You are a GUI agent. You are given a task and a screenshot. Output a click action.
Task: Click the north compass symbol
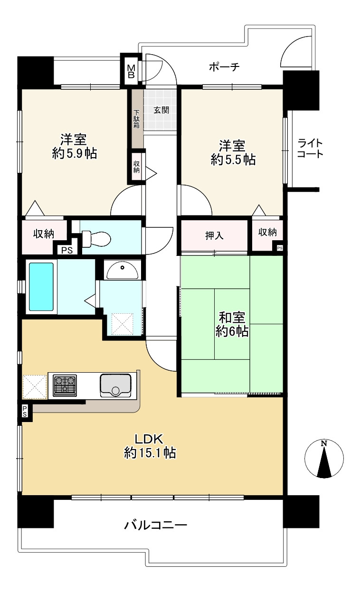pos(324,459)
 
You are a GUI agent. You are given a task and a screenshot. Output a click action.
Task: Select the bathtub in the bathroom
pos(41,286)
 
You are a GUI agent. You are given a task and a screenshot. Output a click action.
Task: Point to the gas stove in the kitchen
pos(64,385)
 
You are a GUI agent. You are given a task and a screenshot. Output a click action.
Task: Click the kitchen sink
pos(115,385)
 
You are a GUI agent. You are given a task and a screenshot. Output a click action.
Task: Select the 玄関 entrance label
pos(161,110)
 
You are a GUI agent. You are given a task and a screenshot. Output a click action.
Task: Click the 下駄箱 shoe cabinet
pos(136,119)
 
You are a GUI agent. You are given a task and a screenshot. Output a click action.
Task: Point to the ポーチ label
pos(224,67)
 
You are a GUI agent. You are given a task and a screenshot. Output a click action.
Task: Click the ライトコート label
pos(310,148)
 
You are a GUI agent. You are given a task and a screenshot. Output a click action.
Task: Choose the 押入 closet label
pos(214,235)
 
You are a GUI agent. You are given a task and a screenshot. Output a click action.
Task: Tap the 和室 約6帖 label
pos(232,324)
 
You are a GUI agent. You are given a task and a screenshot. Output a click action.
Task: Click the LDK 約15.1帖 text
pos(150,446)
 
